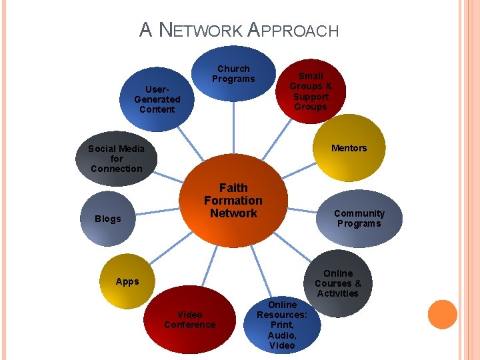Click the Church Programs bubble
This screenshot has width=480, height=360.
[233, 73]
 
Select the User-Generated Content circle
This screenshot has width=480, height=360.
[157, 99]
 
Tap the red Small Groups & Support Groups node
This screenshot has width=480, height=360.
[311, 91]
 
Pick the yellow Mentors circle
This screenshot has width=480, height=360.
[349, 148]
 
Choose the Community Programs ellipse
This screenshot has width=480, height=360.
[359, 218]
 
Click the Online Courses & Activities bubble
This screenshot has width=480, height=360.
[338, 283]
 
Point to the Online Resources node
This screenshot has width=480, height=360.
[282, 325]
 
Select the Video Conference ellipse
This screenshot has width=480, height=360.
[190, 319]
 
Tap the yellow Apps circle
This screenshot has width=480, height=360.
[127, 281]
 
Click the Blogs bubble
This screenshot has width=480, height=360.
[108, 219]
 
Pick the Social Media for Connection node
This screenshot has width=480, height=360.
[116, 159]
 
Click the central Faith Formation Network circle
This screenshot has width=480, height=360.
[233, 201]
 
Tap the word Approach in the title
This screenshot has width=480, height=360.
[293, 30]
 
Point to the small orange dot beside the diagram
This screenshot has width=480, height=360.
[443, 315]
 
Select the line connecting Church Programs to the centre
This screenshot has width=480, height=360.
[233, 127]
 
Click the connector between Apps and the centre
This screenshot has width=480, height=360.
[171, 247]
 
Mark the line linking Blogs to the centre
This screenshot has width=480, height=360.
[157, 211]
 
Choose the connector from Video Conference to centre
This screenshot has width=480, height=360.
[210, 266]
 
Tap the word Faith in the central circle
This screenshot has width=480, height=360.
[233, 187]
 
